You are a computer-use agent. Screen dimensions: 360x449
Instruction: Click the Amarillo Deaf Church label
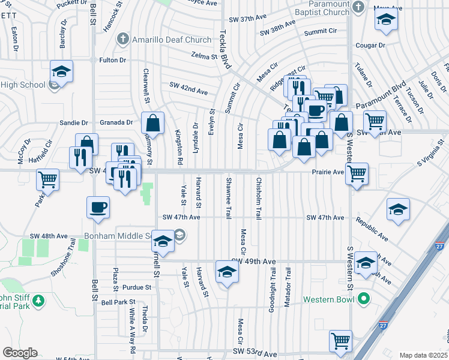[172, 40]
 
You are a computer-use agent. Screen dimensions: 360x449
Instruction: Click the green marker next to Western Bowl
[363, 298]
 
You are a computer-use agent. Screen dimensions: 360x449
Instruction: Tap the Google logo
[20, 353]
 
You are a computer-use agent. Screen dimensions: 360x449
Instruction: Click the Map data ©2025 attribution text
[423, 355]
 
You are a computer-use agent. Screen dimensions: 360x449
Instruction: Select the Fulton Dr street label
[112, 60]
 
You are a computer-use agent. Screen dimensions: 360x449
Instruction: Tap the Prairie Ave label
[327, 172]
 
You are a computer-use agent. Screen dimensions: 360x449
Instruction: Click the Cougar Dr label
[369, 46]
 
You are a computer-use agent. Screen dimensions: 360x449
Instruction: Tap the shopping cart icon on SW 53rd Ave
[340, 340]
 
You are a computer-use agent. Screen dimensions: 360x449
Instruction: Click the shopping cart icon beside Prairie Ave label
[357, 173]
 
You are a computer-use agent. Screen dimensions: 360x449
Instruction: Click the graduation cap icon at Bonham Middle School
[162, 241]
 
